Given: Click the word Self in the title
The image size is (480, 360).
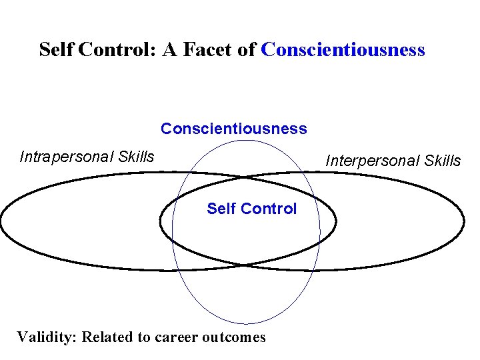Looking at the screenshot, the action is (57, 50).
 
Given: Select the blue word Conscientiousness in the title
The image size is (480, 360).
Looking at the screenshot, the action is (343, 50).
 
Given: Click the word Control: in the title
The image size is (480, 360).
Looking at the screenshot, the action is (117, 50).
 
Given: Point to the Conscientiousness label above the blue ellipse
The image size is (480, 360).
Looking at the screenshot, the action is (234, 129).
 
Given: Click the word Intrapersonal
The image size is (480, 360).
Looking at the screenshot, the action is (67, 157).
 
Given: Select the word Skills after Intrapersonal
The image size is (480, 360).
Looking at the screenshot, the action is (135, 157).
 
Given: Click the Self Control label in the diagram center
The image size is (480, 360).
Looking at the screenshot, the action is (251, 209).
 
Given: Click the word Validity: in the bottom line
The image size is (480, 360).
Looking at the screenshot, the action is (47, 337).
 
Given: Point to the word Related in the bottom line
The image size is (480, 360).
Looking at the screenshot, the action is (107, 337).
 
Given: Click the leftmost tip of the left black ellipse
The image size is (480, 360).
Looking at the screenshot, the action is (1, 221).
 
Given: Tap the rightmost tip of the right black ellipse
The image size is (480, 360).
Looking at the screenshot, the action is (464, 221).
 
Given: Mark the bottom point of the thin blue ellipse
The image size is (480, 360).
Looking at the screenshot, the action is (246, 323).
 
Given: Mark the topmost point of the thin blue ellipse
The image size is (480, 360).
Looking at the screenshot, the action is (246, 139).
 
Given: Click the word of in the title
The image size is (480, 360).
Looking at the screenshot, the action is (245, 50).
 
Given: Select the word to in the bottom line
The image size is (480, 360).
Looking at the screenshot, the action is (143, 337).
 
